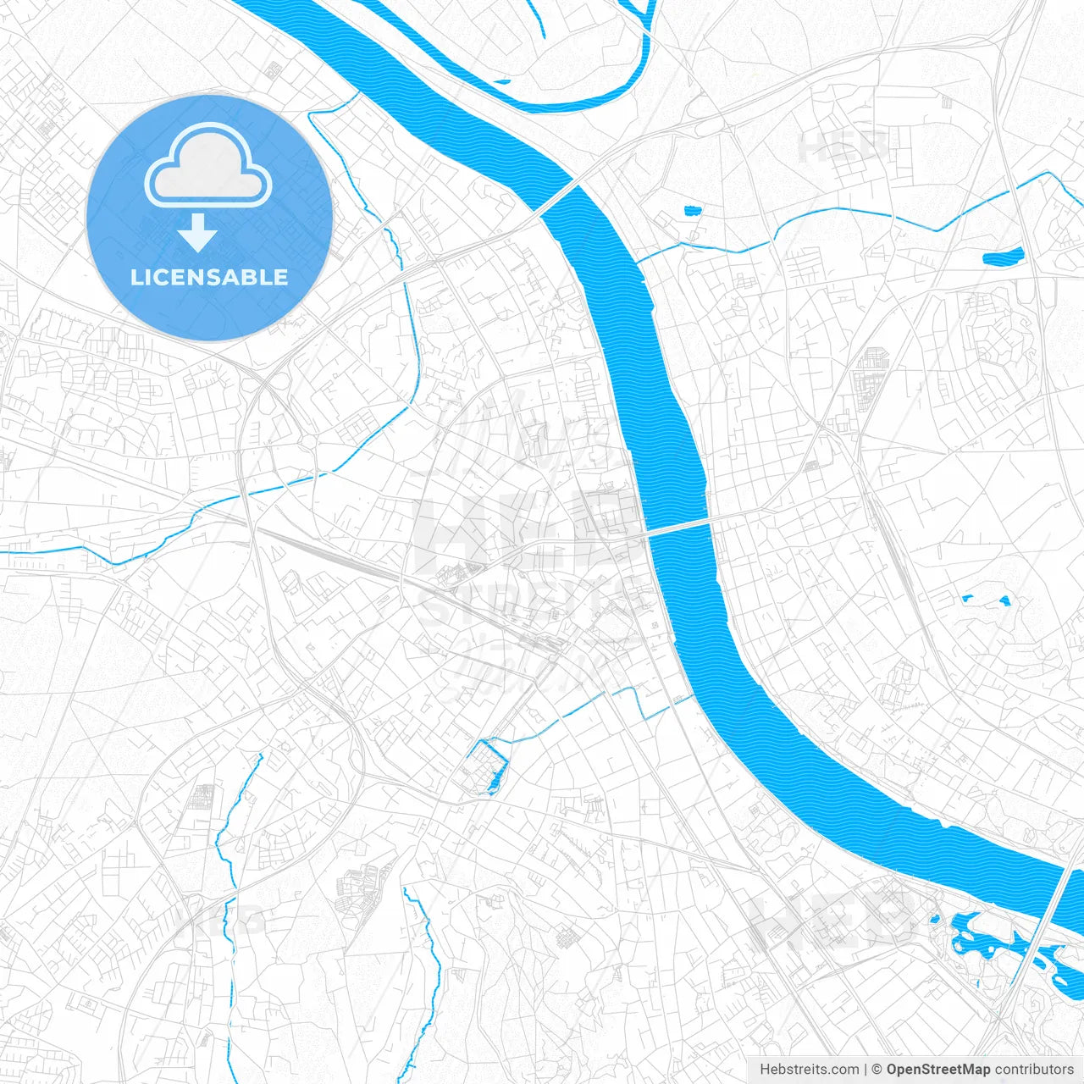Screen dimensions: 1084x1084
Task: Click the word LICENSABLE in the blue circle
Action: [x=209, y=277]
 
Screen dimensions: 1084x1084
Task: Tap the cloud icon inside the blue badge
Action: [x=208, y=165]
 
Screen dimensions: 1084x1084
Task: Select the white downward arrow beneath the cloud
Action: [x=198, y=232]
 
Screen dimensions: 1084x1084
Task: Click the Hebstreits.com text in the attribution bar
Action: [x=809, y=1070]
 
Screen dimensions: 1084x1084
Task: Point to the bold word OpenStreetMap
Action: [x=937, y=1070]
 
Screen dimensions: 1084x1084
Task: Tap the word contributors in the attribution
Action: [x=1035, y=1070]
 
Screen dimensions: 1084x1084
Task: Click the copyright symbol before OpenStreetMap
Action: [x=877, y=1070]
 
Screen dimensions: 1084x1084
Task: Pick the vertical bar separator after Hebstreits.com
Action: [x=866, y=1070]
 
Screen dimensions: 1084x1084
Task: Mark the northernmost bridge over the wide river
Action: [x=558, y=191]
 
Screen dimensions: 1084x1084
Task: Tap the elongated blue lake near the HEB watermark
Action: [x=1002, y=256]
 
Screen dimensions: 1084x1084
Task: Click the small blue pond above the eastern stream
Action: [x=692, y=210]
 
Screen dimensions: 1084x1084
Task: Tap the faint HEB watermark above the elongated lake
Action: [x=843, y=147]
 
